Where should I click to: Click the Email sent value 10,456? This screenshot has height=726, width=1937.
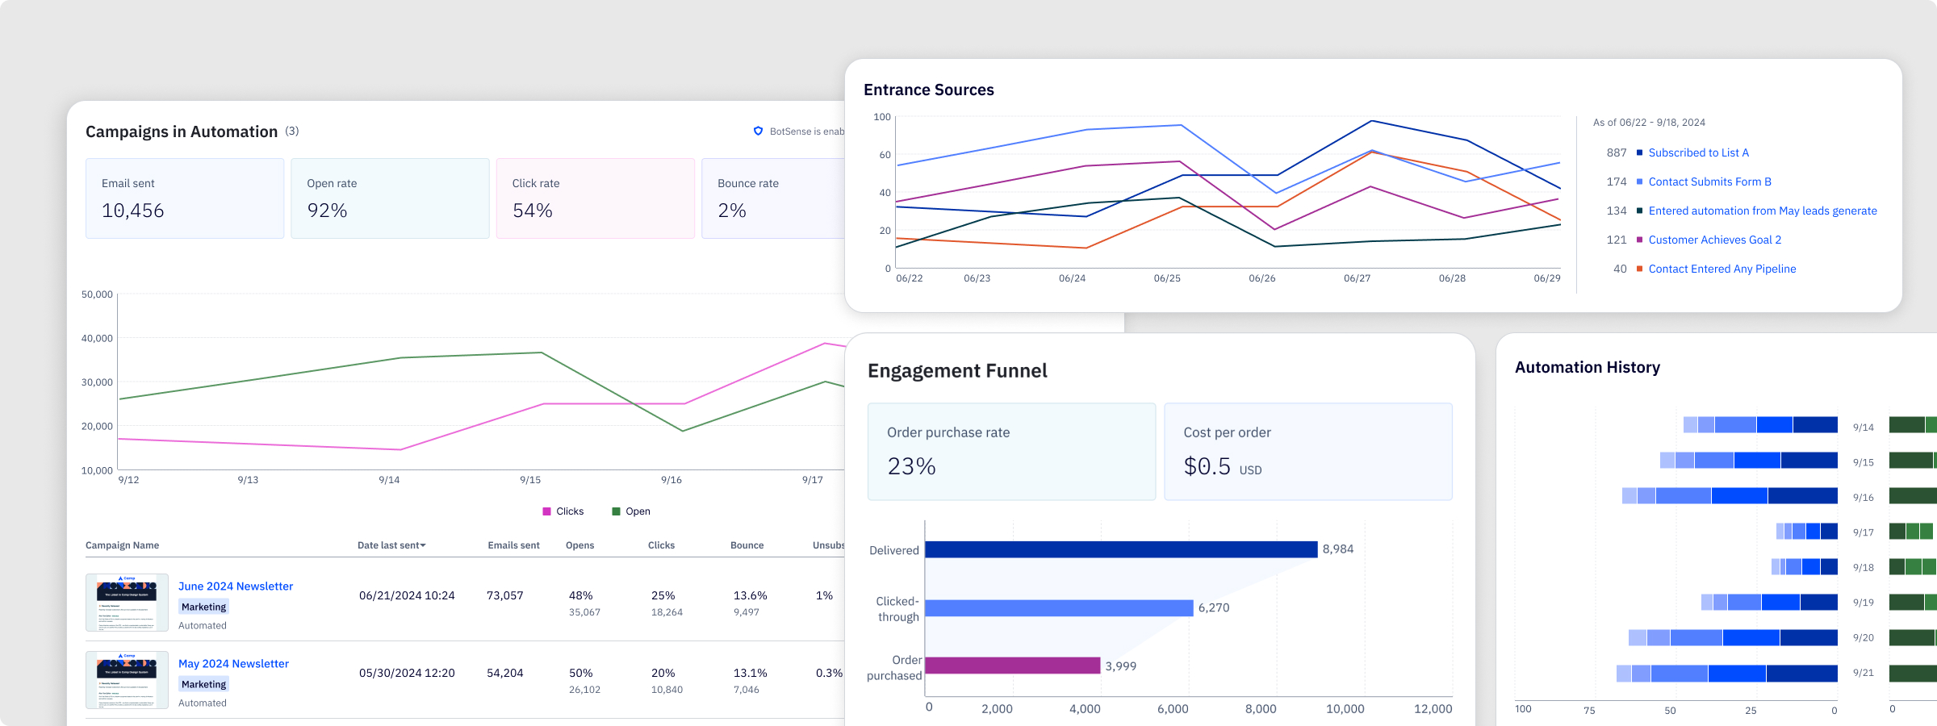pyautogui.click(x=133, y=211)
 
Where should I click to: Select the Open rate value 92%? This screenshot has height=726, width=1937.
pyautogui.click(x=327, y=211)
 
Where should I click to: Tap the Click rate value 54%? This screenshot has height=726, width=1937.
pyautogui.click(x=533, y=211)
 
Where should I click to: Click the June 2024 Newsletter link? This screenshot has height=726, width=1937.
pyautogui.click(x=236, y=586)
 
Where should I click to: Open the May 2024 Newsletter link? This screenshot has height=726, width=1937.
pyautogui.click(x=233, y=664)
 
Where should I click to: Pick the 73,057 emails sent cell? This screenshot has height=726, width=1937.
pyautogui.click(x=505, y=595)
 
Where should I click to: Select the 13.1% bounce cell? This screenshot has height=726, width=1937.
pyautogui.click(x=750, y=673)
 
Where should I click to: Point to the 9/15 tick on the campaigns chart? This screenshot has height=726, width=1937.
pyautogui.click(x=530, y=480)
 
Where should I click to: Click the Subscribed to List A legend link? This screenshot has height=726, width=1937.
pyautogui.click(x=1698, y=152)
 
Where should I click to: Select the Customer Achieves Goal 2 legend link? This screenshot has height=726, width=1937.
pyautogui.click(x=1714, y=240)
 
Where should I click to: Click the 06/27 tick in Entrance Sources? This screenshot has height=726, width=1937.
pyautogui.click(x=1357, y=278)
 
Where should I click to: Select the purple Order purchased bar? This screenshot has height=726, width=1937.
pyautogui.click(x=1012, y=665)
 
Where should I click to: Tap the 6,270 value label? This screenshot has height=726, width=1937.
pyautogui.click(x=1214, y=607)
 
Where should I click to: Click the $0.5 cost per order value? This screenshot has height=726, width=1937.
pyautogui.click(x=1207, y=466)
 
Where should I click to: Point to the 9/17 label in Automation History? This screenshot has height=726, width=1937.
pyautogui.click(x=1863, y=532)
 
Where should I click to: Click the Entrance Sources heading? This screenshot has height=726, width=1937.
pyautogui.click(x=929, y=90)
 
